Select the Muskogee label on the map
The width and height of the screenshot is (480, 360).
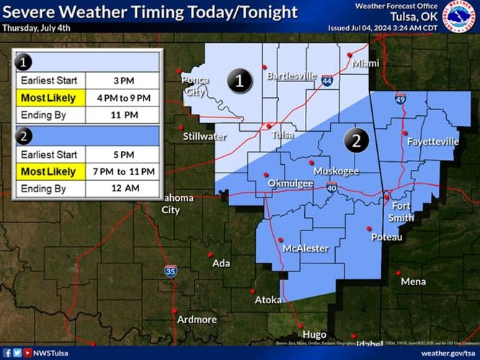336,171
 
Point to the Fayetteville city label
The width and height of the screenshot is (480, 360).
432,142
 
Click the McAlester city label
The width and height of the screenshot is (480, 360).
306,248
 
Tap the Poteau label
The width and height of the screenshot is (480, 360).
386,237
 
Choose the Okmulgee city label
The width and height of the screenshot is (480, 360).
290,184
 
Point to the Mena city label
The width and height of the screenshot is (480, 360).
413,282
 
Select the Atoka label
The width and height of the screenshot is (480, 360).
268,300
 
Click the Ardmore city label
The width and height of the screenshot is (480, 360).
197,319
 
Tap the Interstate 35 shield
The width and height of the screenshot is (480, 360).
170,271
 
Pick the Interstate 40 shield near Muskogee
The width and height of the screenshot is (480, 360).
332,188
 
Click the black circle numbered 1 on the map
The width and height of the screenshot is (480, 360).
239,82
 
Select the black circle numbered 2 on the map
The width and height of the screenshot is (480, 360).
355,139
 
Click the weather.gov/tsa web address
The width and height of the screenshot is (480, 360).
447,353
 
